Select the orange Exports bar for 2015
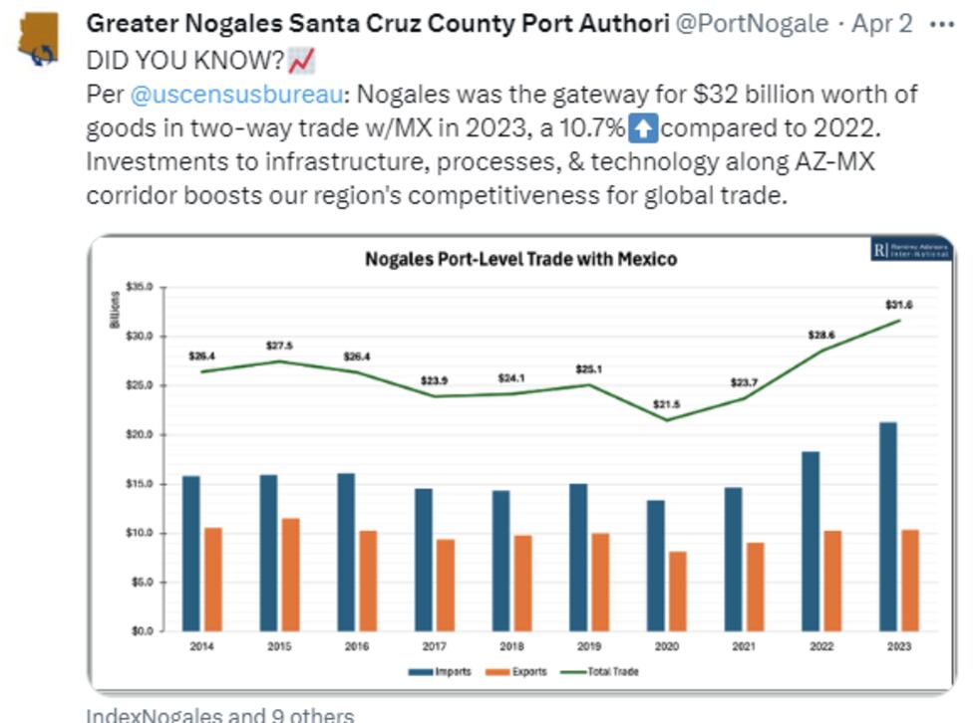[292, 574]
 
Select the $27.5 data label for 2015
[280, 346]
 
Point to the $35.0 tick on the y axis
[139, 287]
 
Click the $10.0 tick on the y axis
[139, 533]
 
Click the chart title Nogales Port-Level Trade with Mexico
[520, 259]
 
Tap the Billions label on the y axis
[115, 311]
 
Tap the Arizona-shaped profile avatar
[42, 43]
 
